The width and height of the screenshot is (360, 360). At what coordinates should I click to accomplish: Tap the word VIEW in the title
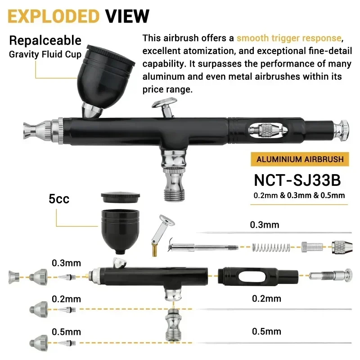127,16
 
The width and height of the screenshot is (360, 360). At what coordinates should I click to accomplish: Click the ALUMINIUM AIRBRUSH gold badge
300,159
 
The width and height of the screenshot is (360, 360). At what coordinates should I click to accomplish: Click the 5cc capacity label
59,198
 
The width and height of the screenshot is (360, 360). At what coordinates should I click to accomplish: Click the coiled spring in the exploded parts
270,247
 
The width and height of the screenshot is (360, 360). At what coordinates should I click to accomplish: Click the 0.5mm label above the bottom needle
266,332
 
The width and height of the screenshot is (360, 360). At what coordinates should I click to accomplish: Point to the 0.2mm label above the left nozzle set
66,299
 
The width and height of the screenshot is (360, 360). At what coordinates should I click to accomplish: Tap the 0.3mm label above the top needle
265,225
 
